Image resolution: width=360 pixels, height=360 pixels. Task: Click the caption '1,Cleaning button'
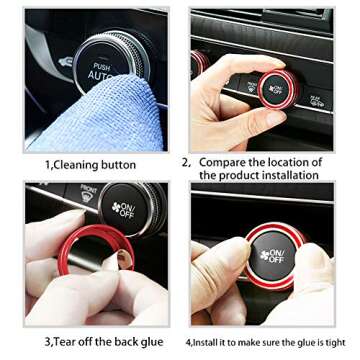(90, 164)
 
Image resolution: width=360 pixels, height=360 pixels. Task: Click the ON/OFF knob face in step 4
(270, 259)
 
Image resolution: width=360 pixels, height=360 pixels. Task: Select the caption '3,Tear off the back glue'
(103, 342)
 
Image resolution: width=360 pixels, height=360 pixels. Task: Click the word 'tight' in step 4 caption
(335, 343)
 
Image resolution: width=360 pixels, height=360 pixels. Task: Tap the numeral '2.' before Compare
(186, 161)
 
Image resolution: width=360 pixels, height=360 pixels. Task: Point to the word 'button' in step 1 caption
(118, 164)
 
